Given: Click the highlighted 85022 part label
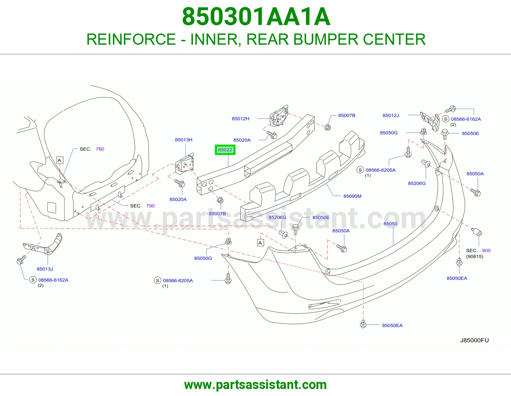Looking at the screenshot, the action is coord(225,150).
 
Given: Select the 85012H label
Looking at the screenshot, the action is coord(240,119).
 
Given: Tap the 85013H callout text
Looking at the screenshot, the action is coord(183,140).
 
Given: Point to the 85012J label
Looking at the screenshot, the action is coord(391,116).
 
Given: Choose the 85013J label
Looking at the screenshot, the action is coord(45,269).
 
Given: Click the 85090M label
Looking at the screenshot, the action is coord(352,196).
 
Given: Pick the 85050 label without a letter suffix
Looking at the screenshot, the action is coord(390,224).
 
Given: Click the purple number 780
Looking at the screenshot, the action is coord(100,149).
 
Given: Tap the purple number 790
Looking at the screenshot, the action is coord(150,206).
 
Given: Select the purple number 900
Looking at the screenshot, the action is coord(486,250).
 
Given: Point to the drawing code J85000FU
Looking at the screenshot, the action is coord(474,340).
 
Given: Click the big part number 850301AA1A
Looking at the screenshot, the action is coord(256,17).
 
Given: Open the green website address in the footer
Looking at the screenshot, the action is coord(256,385).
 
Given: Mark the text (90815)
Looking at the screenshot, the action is coord(475,256).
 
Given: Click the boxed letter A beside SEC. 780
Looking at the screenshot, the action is coord(60,160).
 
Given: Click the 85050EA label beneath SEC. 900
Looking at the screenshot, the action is coord(457,278).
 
